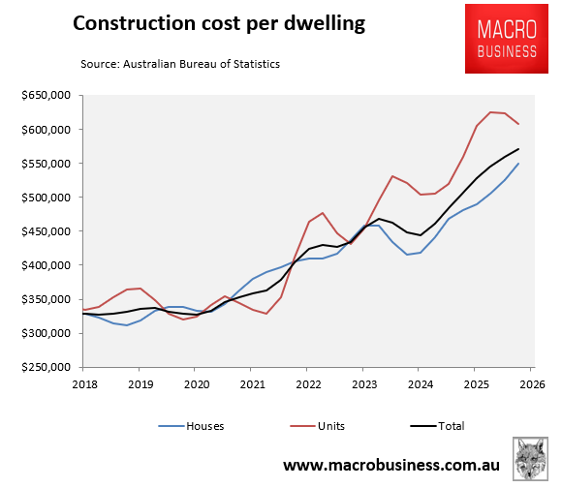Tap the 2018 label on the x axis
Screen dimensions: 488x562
(x=83, y=383)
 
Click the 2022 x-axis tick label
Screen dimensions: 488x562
(x=307, y=383)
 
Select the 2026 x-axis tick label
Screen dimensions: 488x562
(x=531, y=383)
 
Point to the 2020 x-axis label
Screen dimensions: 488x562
(x=195, y=383)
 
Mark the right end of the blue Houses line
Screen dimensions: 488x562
(x=518, y=164)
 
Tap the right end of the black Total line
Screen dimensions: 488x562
(x=518, y=149)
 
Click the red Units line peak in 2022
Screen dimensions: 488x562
(x=322, y=213)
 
